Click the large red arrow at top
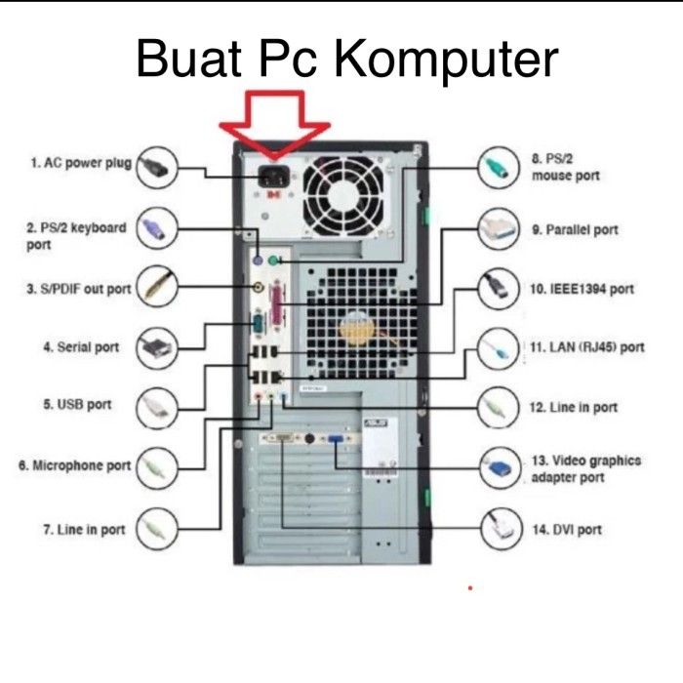(275, 122)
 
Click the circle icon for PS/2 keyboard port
(158, 229)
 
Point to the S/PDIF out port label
(78, 289)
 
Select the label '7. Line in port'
(84, 530)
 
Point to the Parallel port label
(575, 230)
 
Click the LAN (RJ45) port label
(586, 346)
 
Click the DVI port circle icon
(502, 530)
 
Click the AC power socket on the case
(272, 179)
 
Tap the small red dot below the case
(470, 588)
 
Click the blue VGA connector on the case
(336, 442)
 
